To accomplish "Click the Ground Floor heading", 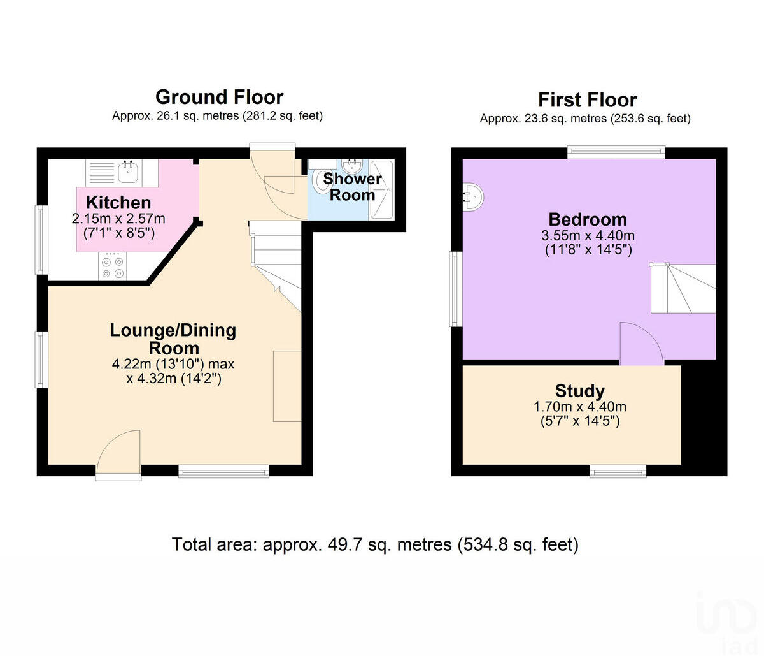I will (x=219, y=97).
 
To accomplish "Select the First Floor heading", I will (x=587, y=100).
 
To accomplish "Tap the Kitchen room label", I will (x=118, y=203).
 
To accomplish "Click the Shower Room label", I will (x=352, y=187).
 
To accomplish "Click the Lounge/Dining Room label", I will (x=173, y=339).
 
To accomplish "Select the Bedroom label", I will (x=588, y=219).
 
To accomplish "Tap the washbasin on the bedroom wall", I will (x=472, y=196).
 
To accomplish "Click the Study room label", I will (x=579, y=391).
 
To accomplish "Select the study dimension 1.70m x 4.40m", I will (x=579, y=407).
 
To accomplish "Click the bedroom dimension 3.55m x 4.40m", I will (x=588, y=235).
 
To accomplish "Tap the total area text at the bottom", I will (x=375, y=545).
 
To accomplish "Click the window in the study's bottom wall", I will (x=618, y=471).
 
